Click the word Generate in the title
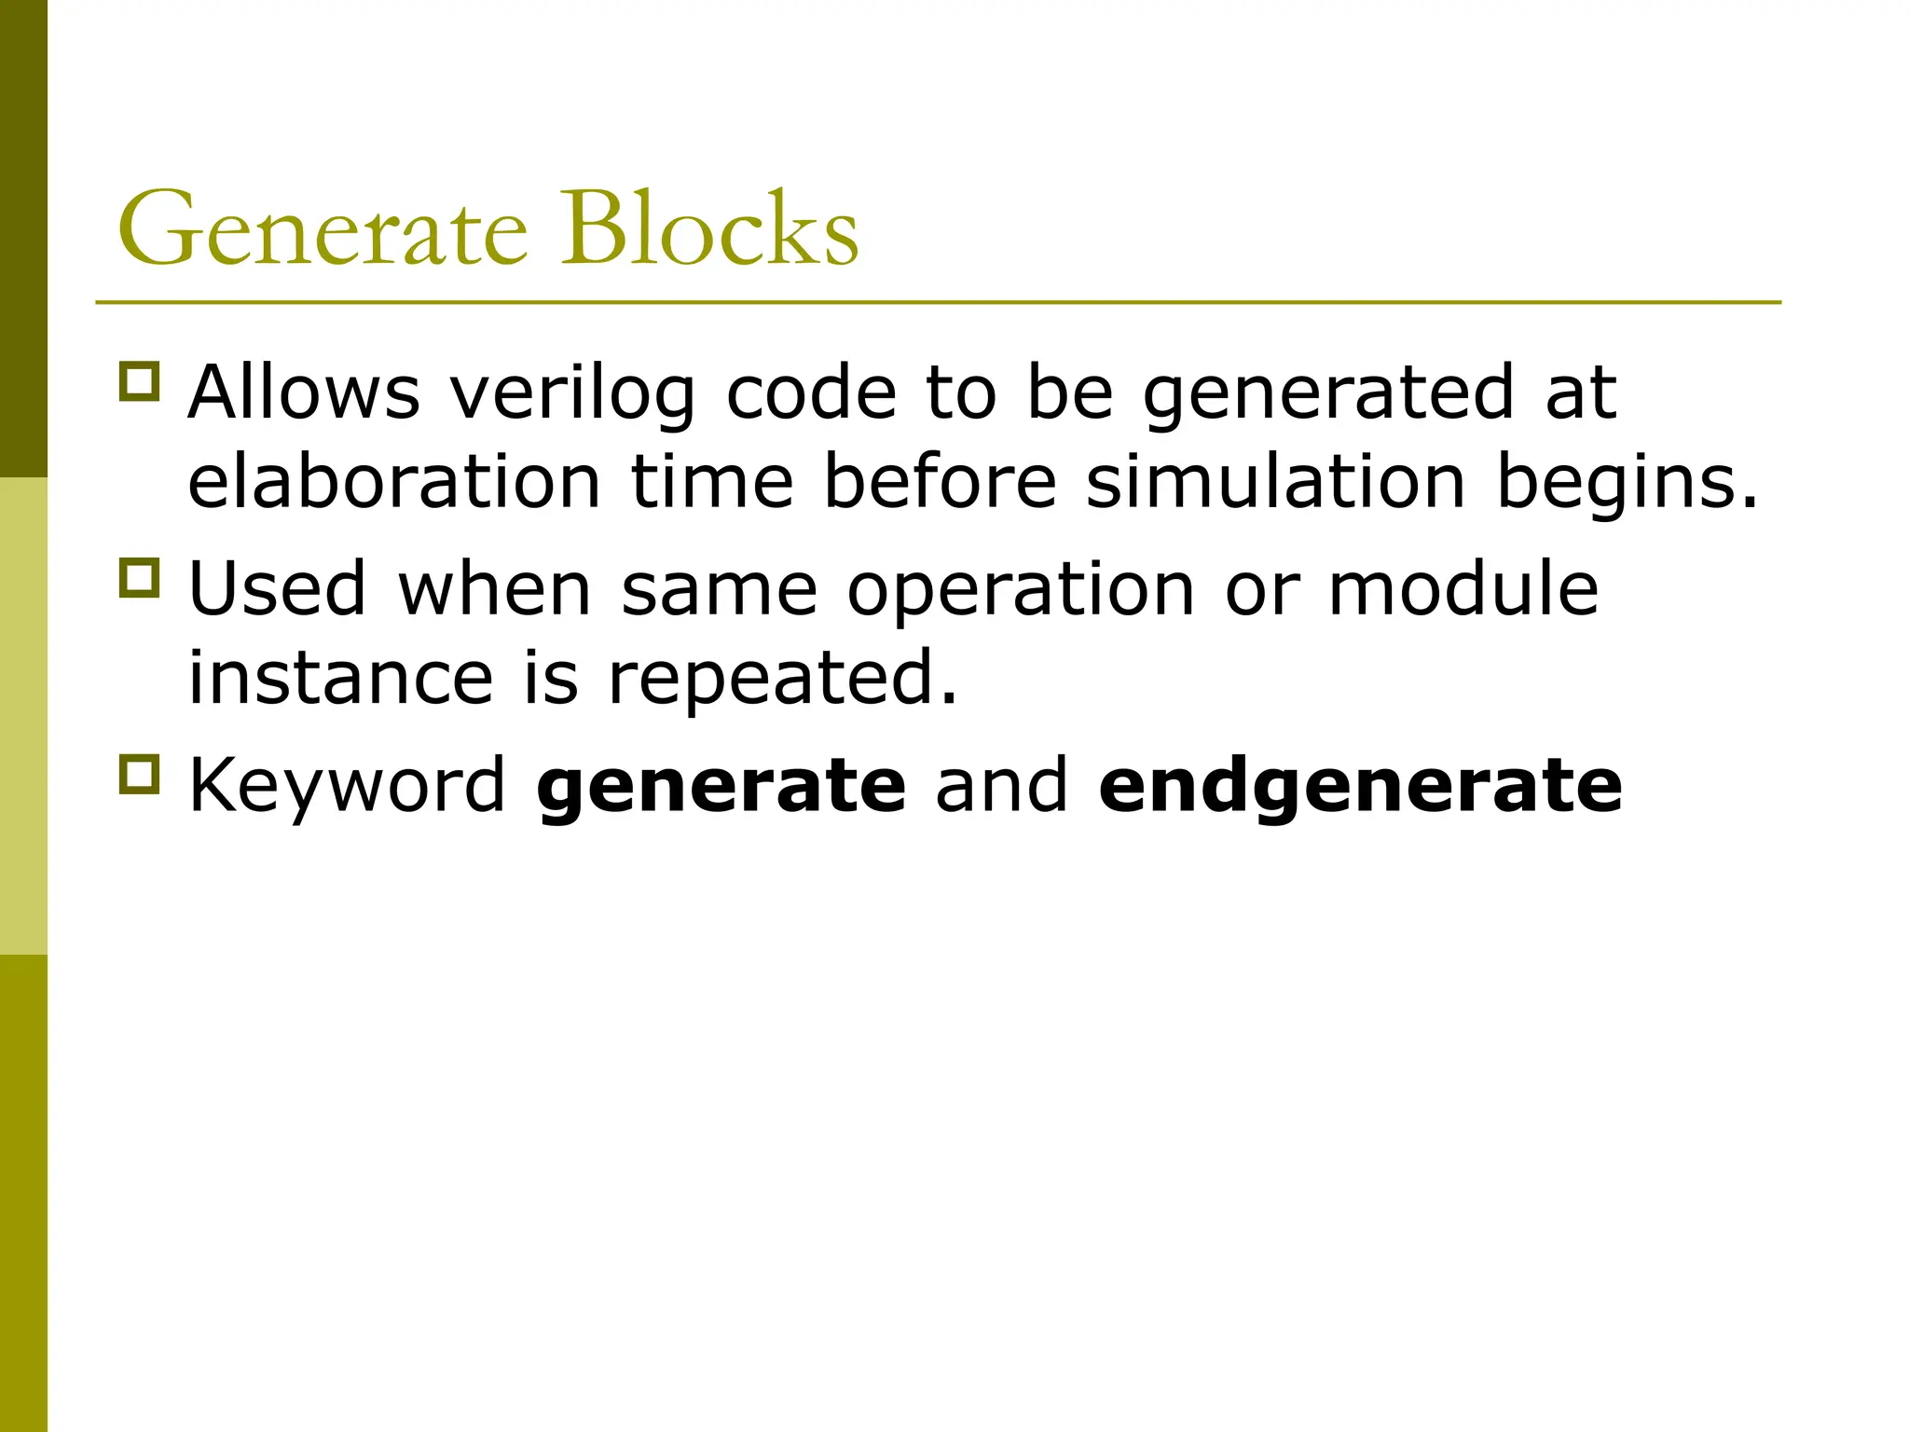[x=323, y=229]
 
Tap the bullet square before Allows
[x=140, y=382]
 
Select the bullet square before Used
[x=140, y=578]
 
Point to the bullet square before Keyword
[x=140, y=775]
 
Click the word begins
[x=1627, y=485]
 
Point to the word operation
[x=1021, y=591]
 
